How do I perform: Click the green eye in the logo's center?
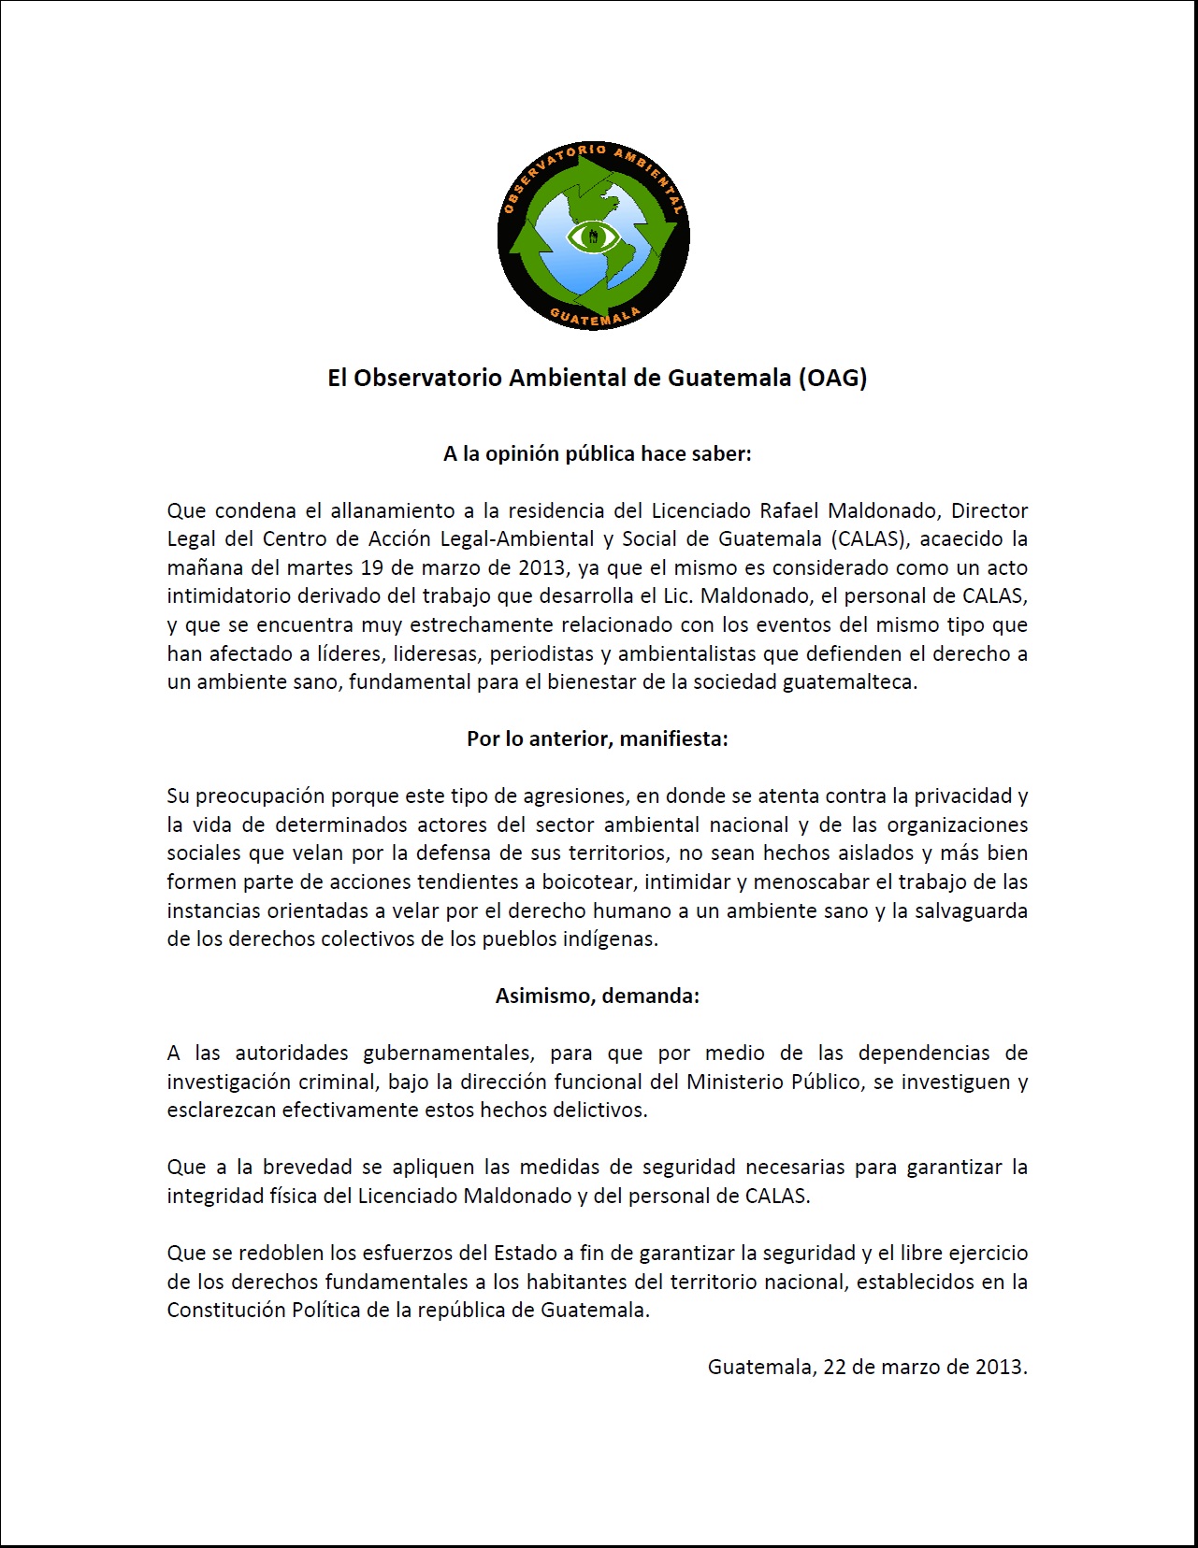(x=593, y=236)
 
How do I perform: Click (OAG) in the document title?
(x=831, y=378)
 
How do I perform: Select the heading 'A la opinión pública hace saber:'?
(x=598, y=454)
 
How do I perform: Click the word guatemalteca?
(x=849, y=682)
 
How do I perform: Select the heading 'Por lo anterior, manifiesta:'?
(x=598, y=739)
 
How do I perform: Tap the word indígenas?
(x=611, y=939)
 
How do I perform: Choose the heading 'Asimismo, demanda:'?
(x=598, y=996)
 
